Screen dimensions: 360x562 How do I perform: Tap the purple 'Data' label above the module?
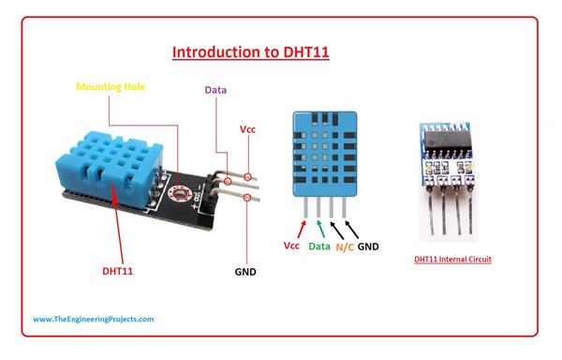[x=216, y=90]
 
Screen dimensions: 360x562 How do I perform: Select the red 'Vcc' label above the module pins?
[x=248, y=129]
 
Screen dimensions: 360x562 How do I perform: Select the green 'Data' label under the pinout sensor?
[x=319, y=247]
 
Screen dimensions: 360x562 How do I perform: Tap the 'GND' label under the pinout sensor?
[x=369, y=247]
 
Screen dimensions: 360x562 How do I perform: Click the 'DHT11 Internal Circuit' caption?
[x=453, y=258]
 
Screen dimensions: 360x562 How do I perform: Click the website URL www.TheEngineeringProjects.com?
[x=94, y=319]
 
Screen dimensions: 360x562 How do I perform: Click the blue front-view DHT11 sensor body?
[x=324, y=151]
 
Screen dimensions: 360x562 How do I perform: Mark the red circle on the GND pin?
[x=247, y=198]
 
